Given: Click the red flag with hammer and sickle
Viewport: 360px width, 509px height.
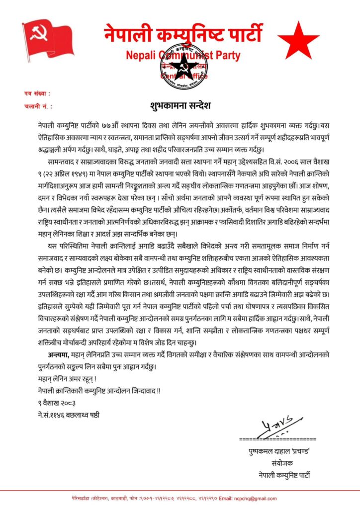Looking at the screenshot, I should pyautogui.click(x=47, y=38).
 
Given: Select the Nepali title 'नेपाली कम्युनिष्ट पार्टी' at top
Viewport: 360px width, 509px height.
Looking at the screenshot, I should pyautogui.click(x=182, y=33).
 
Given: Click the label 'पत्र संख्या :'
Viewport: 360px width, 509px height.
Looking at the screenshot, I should pyautogui.click(x=37, y=93).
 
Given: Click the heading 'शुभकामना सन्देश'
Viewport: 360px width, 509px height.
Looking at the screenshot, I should pyautogui.click(x=180, y=105).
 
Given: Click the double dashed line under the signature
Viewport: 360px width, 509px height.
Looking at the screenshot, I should pyautogui.click(x=277, y=439).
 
